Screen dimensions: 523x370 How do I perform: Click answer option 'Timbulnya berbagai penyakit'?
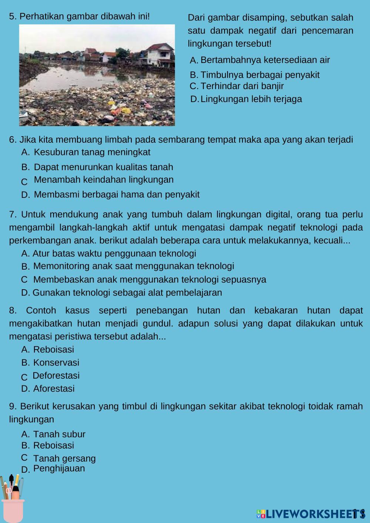260,75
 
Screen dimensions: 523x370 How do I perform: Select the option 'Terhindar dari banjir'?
242,86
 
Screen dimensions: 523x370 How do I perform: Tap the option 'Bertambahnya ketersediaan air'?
265,60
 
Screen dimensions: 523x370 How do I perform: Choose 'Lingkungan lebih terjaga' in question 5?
251,99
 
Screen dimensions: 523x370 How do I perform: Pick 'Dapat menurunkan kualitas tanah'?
103,167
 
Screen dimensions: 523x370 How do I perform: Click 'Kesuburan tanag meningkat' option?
92,152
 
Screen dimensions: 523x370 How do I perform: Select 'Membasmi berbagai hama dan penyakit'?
117,195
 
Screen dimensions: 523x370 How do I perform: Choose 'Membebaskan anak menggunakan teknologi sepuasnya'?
149,280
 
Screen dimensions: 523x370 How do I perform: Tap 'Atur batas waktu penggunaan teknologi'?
114,253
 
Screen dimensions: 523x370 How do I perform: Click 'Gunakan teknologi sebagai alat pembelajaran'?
127,293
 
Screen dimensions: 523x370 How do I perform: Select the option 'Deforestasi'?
56,376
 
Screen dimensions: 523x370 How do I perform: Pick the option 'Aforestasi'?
54,389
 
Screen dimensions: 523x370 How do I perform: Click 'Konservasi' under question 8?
56,363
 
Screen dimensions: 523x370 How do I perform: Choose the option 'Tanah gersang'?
64,459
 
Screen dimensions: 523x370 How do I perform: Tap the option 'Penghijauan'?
59,469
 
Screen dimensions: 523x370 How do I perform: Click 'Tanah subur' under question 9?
59,434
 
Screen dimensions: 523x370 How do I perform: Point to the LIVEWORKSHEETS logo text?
311,513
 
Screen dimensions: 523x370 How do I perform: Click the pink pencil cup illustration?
12,509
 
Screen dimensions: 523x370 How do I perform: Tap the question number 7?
12,215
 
